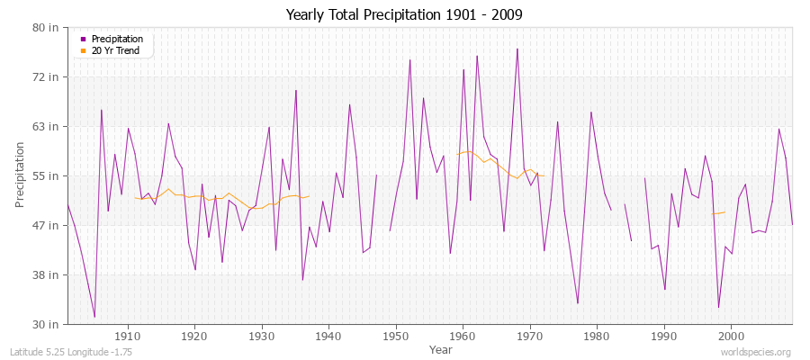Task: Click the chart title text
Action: click(404, 15)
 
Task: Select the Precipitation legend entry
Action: click(117, 39)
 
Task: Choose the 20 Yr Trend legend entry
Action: click(117, 50)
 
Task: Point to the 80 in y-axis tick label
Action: click(47, 27)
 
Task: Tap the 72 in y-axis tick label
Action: click(47, 76)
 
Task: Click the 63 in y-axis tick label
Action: click(47, 126)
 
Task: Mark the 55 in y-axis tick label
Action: click(47, 175)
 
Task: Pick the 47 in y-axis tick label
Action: click(47, 225)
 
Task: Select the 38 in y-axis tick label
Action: click(47, 274)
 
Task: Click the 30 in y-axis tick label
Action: click(47, 324)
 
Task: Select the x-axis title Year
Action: click(441, 348)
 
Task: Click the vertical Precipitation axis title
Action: click(20, 175)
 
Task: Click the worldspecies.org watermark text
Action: click(756, 352)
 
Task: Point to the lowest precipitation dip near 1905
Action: click(94, 317)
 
